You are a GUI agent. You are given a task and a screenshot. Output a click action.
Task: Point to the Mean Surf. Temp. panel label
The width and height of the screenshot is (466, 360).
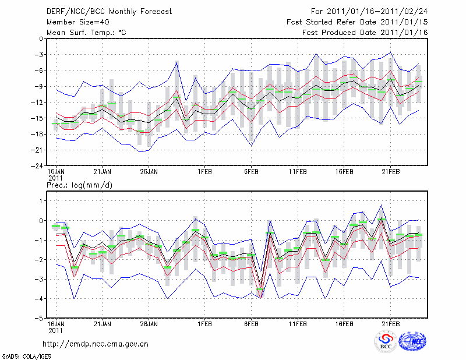pyautogui.click(x=86, y=32)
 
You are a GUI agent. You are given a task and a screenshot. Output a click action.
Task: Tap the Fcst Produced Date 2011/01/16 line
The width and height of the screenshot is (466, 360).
pyautogui.click(x=365, y=32)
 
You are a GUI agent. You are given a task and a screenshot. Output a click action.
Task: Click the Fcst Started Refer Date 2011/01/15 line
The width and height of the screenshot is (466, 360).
pyautogui.click(x=357, y=22)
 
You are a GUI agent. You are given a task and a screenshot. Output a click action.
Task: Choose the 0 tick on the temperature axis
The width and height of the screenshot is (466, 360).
pyautogui.click(x=41, y=39)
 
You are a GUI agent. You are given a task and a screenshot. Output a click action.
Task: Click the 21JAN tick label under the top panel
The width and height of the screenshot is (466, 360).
pyautogui.click(x=102, y=172)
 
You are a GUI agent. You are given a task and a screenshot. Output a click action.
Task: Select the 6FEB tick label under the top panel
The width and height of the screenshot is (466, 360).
pyautogui.click(x=251, y=172)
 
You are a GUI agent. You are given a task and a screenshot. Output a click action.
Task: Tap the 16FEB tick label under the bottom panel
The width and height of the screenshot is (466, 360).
pyautogui.click(x=344, y=323)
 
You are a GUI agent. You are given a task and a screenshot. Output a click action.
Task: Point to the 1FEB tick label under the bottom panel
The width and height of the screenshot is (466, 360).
pyautogui.click(x=204, y=323)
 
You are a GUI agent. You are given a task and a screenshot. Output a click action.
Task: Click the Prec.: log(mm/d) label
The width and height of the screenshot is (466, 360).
pyautogui.click(x=80, y=185)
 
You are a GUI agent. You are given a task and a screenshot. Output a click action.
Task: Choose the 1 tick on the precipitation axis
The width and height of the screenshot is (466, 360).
pyautogui.click(x=41, y=201)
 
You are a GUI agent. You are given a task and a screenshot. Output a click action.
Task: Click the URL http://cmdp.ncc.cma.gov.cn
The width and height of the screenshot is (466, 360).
pyautogui.click(x=96, y=344)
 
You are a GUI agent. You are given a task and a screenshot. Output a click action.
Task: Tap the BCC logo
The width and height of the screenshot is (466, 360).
pyautogui.click(x=386, y=341)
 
